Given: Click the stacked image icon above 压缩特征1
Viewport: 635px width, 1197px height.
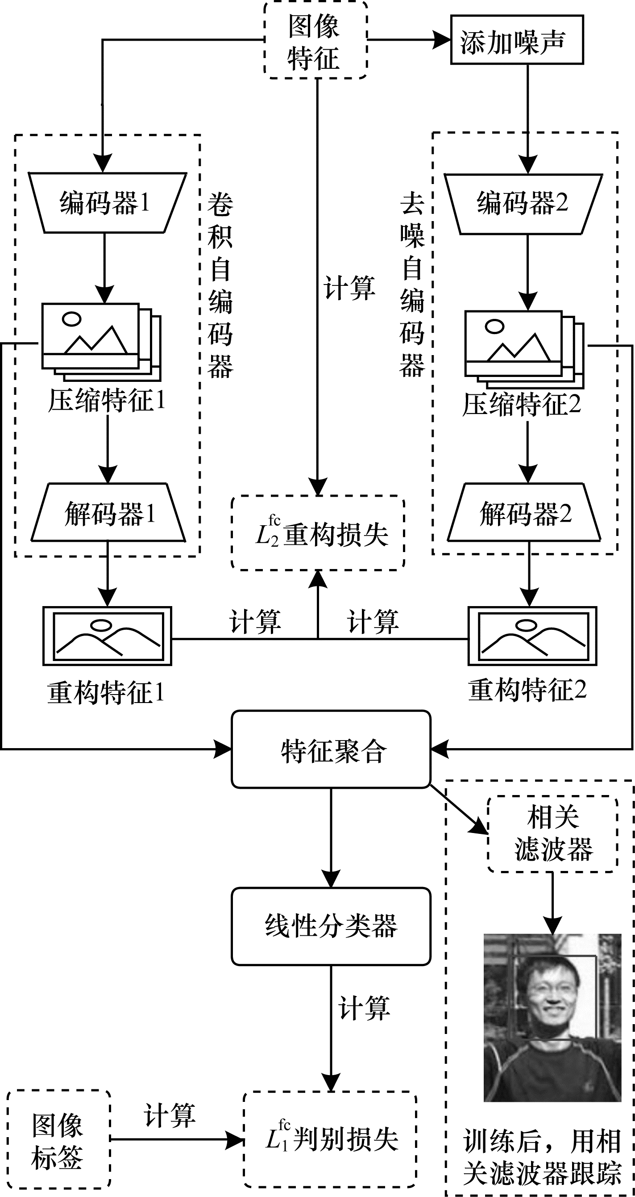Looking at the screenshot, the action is (x=101, y=342).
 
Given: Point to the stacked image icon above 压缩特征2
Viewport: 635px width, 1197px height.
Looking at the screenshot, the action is (x=524, y=349).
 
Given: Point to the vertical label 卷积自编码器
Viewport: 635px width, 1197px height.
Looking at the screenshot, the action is (x=220, y=285).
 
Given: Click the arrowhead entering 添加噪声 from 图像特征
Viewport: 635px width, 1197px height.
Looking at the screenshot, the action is (x=442, y=40).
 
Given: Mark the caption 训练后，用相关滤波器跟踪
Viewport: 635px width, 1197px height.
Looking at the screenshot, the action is (x=542, y=1156).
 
